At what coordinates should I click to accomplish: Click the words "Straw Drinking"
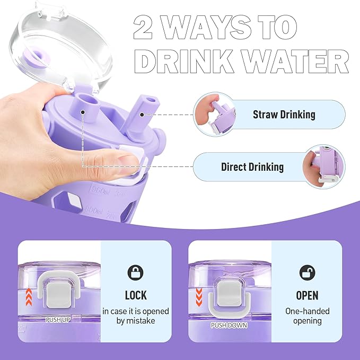coord(284,115)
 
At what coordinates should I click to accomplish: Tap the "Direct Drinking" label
coord(252,167)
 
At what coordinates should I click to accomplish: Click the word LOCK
coord(136,295)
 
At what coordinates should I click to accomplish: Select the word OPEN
coord(307,295)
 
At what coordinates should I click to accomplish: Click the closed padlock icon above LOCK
coord(135,273)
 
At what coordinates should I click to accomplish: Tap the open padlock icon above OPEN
coord(308,273)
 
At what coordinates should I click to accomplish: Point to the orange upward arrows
coord(29,297)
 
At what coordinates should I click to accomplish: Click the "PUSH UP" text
coord(58,320)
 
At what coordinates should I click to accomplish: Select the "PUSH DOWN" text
coord(229,326)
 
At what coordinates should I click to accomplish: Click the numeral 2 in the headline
coord(143,27)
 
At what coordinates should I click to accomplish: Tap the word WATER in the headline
coord(291,61)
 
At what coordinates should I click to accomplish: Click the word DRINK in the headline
coord(182,61)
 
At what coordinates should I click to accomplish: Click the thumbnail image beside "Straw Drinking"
coord(215,115)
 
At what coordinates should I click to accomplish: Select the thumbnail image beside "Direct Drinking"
coord(324,167)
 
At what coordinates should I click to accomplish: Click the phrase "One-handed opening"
coord(307,316)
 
